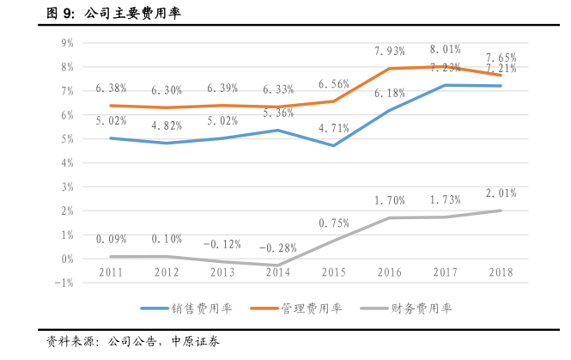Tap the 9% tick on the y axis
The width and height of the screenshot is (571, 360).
(x=67, y=42)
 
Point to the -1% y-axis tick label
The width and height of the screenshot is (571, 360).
(x=65, y=282)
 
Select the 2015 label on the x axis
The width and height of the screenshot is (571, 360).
(x=333, y=272)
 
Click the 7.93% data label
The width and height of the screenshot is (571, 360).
(x=389, y=52)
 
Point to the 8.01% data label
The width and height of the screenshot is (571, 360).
(x=445, y=49)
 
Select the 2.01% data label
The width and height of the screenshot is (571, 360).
(x=501, y=193)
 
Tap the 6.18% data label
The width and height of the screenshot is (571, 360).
(x=389, y=93)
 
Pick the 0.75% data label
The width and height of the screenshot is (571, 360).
(x=333, y=223)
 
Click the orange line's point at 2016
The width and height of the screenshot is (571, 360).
(x=389, y=69)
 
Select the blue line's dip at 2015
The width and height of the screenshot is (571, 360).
(x=333, y=145)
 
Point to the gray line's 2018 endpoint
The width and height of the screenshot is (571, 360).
(x=501, y=211)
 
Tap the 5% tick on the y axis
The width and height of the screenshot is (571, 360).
(x=67, y=138)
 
